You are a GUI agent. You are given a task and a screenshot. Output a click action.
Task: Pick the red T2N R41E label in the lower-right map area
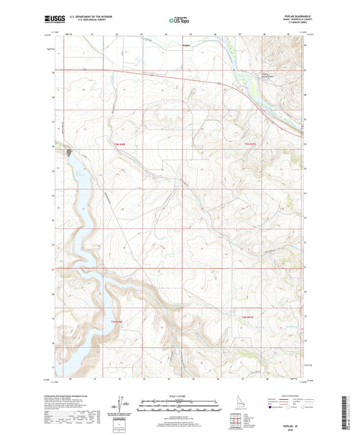pyautogui.click(x=251, y=317)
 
